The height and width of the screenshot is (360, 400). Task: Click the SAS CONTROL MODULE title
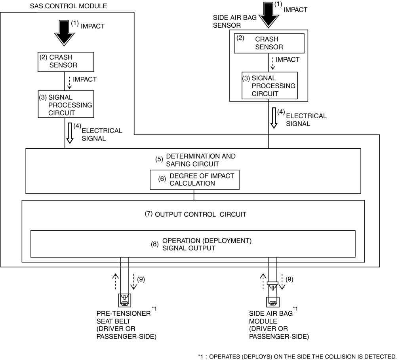pos(69,6)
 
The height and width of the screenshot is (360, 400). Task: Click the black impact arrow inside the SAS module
pos(64,33)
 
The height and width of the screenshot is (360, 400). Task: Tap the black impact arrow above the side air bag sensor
pos(269,15)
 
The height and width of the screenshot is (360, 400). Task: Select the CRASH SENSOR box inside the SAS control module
pos(66,62)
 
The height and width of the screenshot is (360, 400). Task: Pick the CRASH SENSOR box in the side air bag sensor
pos(269,43)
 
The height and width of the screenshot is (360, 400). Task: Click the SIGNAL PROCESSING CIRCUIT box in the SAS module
pos(66,104)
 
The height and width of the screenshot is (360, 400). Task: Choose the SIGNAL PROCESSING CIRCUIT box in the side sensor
pos(270,85)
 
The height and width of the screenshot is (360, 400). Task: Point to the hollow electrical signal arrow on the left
pos(70,133)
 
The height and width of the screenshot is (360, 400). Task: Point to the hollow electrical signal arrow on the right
pos(274,118)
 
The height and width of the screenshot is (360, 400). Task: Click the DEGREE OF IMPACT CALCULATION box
pos(194,180)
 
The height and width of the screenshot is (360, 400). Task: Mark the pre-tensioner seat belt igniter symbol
pos(124,300)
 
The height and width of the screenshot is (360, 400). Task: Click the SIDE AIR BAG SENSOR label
pos(235,21)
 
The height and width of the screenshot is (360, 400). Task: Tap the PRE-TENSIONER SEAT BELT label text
pos(124,317)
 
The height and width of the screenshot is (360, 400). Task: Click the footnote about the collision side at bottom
pos(297,356)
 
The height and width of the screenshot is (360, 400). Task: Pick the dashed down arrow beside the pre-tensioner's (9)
pos(133,282)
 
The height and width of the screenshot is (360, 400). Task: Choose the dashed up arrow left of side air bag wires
pos(263,281)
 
